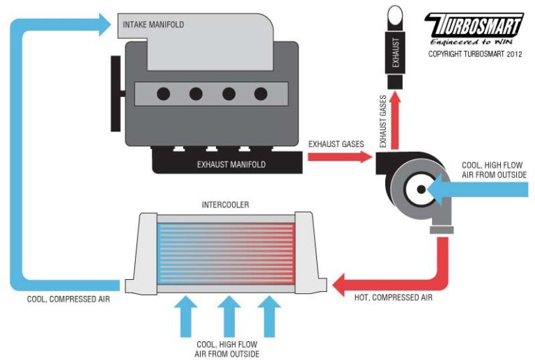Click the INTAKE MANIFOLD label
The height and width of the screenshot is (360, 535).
[x=153, y=26]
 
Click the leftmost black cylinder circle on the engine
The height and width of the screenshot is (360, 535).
[x=164, y=94]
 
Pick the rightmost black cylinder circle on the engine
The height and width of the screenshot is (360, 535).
[x=261, y=94]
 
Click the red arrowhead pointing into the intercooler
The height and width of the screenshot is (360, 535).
[x=341, y=283]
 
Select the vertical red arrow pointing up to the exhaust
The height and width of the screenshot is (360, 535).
[x=395, y=118]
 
